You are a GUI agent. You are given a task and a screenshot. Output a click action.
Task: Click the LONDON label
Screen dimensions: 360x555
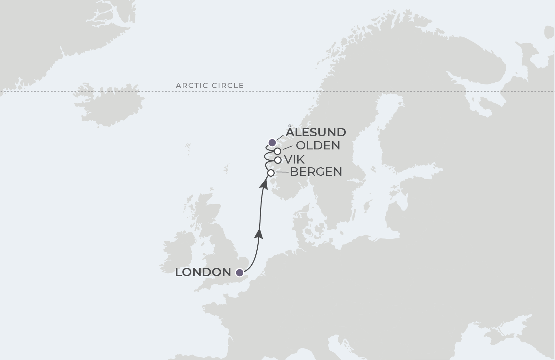[203, 272]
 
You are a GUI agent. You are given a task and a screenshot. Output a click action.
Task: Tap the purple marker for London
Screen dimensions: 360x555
[239, 273]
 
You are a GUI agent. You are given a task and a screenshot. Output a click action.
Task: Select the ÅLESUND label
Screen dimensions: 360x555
[316, 132]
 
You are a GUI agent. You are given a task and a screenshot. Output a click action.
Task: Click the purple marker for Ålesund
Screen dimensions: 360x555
[272, 142]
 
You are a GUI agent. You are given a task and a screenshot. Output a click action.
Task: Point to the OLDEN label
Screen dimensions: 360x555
[318, 146]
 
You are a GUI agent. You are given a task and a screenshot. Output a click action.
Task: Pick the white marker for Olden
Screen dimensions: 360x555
[277, 151]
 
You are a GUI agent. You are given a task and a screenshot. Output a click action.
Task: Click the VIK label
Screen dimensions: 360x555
[294, 159]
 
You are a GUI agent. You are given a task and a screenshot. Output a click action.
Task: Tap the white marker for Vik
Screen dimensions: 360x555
[278, 160]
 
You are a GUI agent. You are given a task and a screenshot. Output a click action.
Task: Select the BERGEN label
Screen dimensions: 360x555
[316, 172]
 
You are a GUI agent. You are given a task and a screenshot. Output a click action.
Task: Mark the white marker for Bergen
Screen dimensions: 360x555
[271, 173]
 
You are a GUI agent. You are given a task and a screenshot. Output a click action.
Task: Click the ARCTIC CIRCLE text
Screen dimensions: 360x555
[210, 85]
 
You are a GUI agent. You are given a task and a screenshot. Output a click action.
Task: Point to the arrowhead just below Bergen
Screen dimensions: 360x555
[264, 184]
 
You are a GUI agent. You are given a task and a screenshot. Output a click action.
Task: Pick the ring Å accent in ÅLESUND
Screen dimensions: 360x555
[290, 126]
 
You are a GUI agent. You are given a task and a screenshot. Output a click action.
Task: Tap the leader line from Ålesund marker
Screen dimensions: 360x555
[279, 137]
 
